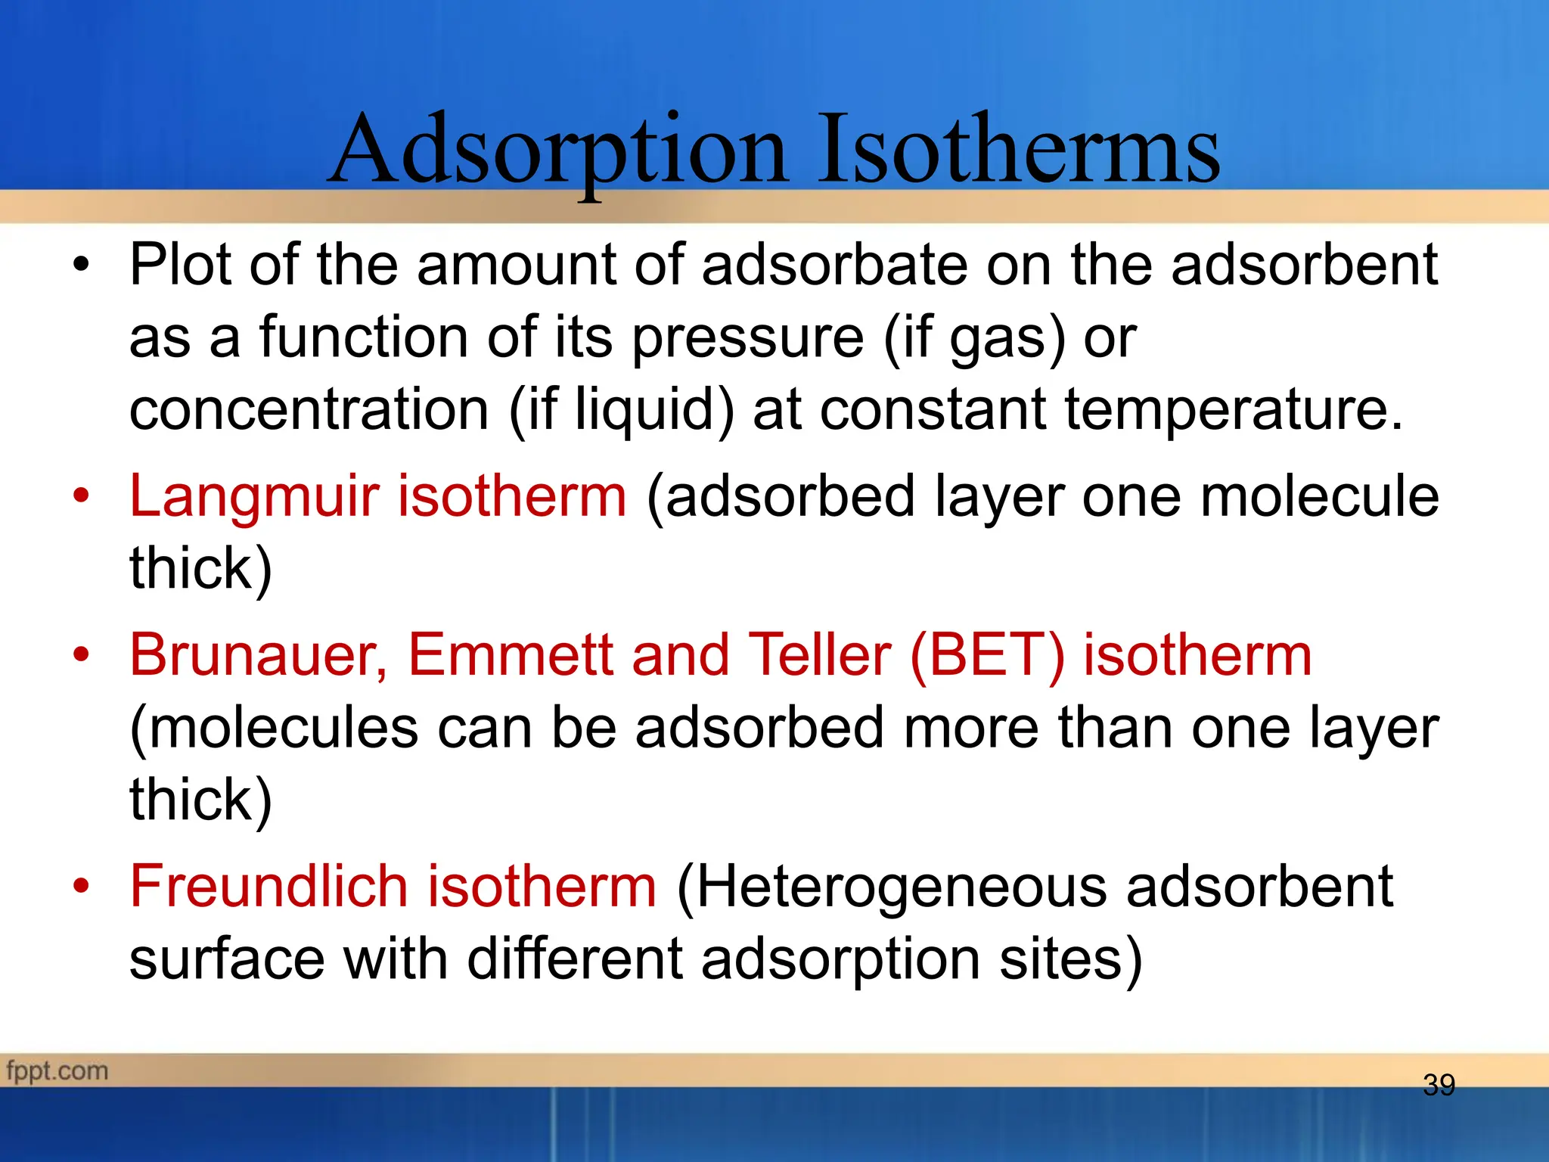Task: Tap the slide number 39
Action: tap(1439, 1086)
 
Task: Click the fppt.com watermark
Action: tap(57, 1071)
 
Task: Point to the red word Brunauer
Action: tap(257, 655)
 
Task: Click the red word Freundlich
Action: tap(269, 887)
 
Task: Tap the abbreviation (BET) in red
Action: tap(987, 655)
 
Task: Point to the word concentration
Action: tap(309, 410)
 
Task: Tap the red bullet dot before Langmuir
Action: tap(81, 496)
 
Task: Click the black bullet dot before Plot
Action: tap(81, 265)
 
